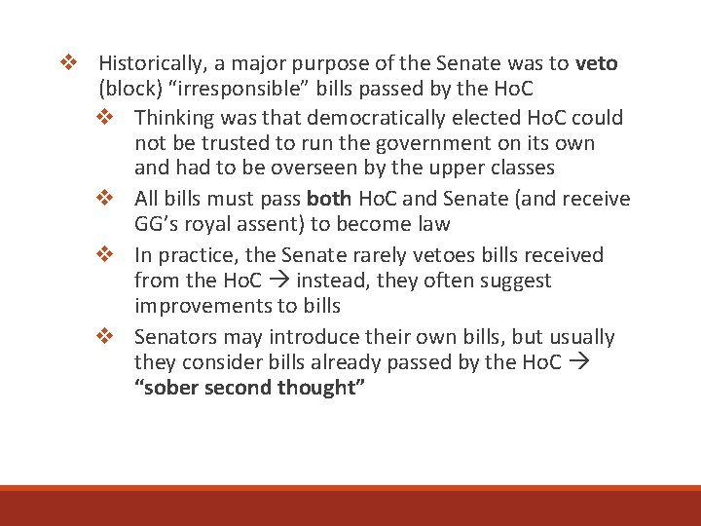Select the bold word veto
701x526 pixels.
tap(596, 64)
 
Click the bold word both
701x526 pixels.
tap(329, 200)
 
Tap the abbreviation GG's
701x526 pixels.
tap(159, 224)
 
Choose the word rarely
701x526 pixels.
tap(386, 255)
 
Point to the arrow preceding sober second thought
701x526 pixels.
tap(577, 363)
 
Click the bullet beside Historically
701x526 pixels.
tap(68, 64)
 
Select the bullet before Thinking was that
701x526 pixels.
tap(105, 119)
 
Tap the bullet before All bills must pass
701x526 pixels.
tap(105, 200)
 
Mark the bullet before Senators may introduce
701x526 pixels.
tap(105, 337)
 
